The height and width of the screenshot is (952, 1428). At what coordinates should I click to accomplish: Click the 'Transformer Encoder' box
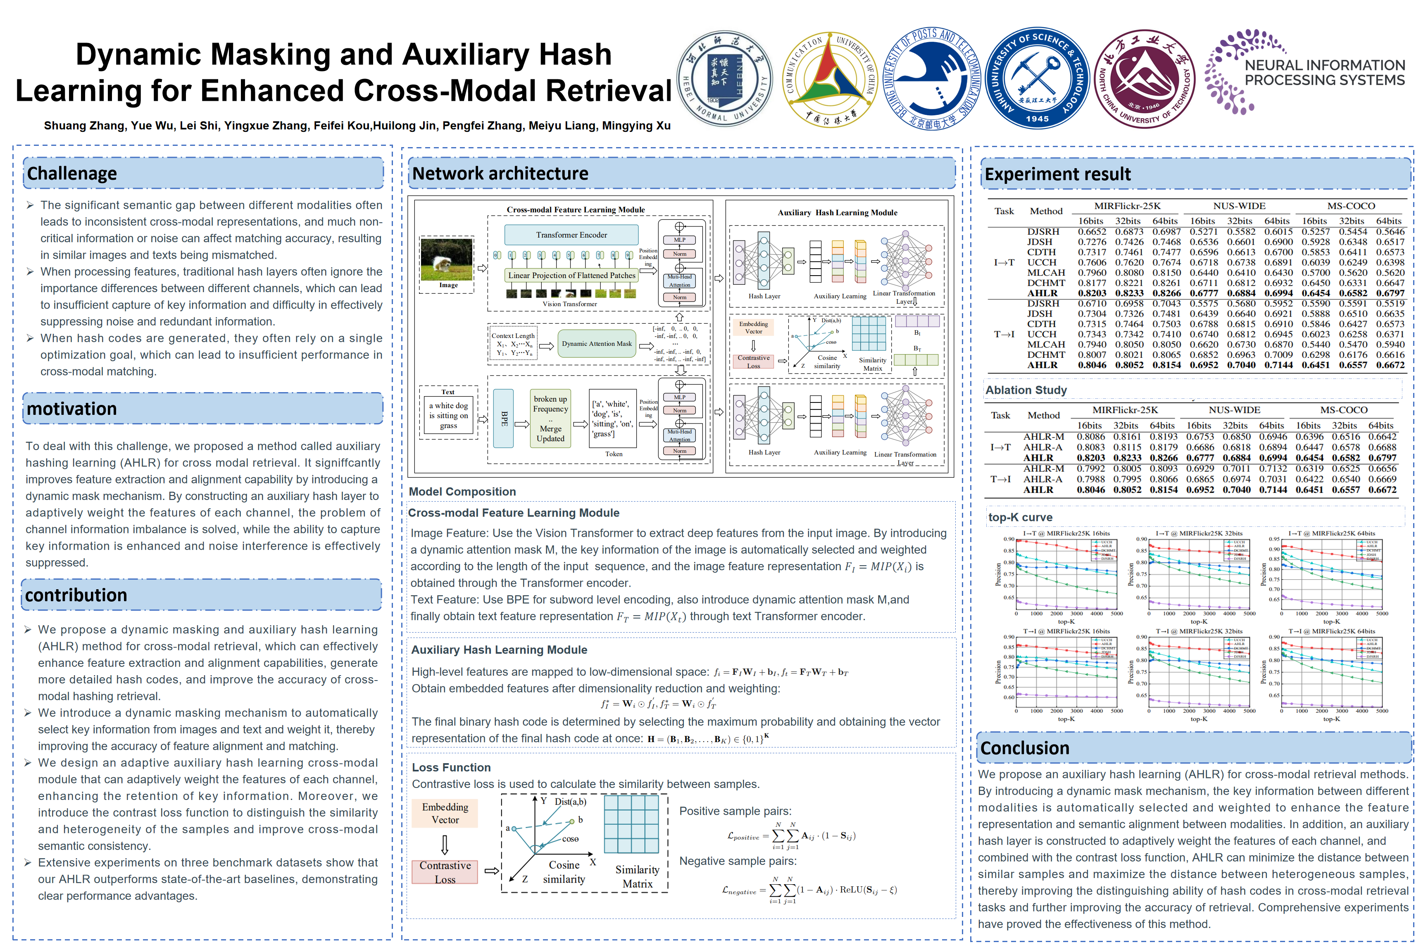click(x=571, y=235)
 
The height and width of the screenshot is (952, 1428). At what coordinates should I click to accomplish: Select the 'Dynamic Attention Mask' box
click(x=596, y=344)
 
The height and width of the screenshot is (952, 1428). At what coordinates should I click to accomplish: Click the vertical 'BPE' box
click(x=503, y=418)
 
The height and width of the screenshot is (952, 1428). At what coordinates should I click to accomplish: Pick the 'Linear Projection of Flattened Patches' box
click(x=571, y=275)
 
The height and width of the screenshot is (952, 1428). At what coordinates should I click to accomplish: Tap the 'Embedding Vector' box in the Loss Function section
click(x=445, y=813)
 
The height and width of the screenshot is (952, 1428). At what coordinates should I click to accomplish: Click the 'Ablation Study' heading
click(x=1026, y=390)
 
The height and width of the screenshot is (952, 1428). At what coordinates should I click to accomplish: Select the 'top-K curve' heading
click(x=1020, y=517)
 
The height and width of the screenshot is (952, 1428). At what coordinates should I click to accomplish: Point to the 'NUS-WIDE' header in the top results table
click(x=1239, y=206)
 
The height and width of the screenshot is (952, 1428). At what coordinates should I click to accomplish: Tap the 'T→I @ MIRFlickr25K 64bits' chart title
click(x=1331, y=631)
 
